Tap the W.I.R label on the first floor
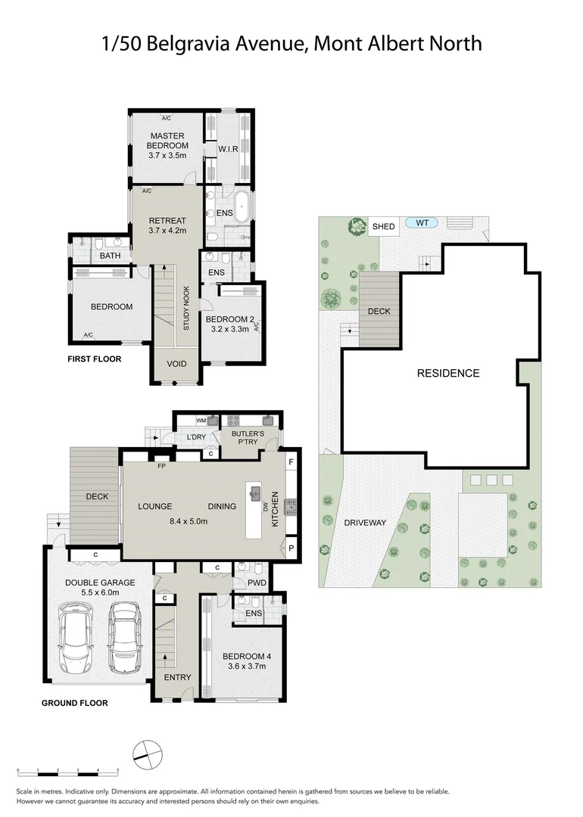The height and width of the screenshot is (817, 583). click(x=229, y=149)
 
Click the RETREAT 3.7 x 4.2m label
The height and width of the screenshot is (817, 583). click(x=167, y=225)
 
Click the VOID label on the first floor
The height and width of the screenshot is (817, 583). click(x=176, y=364)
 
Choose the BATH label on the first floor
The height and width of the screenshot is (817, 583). click(x=110, y=256)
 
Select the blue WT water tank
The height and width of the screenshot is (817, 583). click(x=422, y=222)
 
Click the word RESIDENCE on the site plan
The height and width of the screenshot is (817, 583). click(x=448, y=373)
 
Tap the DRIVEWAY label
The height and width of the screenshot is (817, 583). click(x=366, y=523)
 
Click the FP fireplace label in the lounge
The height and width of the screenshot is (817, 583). click(x=161, y=467)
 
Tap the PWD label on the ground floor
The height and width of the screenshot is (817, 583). click(x=256, y=582)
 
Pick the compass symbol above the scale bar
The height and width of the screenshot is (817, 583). click(x=147, y=751)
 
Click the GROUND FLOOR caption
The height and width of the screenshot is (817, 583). click(x=74, y=703)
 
